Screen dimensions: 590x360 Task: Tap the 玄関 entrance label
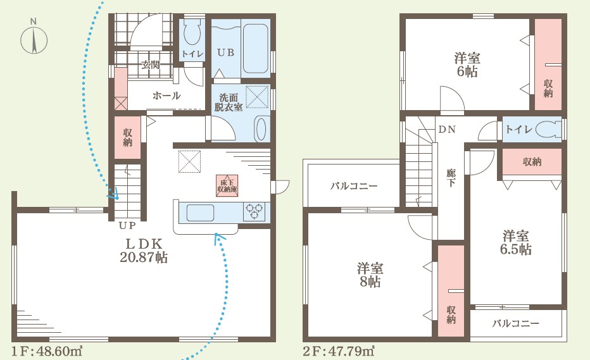[x=151, y=65]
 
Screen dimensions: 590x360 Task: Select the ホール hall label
[x=166, y=96]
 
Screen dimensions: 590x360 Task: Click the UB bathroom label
[x=226, y=53]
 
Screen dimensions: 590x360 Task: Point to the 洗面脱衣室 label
[x=229, y=102]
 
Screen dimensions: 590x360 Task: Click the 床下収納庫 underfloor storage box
[x=227, y=185]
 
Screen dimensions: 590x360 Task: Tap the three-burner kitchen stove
[x=254, y=211]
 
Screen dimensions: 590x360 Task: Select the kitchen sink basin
[x=200, y=213]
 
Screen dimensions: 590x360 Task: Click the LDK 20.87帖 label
[x=144, y=251]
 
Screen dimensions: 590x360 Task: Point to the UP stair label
[x=127, y=226]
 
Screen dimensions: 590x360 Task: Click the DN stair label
[x=447, y=130]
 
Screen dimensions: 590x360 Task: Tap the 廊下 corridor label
[x=451, y=178]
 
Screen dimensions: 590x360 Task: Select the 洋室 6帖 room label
[x=467, y=65]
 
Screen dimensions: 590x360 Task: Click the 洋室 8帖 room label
[x=370, y=275]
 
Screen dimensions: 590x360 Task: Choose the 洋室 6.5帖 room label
[x=516, y=242]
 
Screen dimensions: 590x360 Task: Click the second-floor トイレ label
[x=519, y=130]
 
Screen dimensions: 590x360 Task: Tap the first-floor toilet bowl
[x=192, y=33]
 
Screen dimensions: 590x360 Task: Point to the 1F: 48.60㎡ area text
[x=47, y=351]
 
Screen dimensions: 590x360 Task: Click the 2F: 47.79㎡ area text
[x=339, y=351]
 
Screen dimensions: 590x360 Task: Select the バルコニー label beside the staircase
[x=354, y=186]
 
